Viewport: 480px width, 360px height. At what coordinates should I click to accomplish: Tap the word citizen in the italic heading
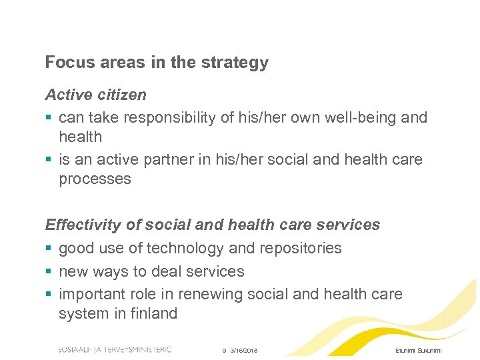(121, 95)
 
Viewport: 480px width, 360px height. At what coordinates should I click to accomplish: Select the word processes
(95, 179)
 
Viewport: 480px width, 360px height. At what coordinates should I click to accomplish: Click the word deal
(169, 271)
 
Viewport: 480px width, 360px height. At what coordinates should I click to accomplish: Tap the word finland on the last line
(153, 313)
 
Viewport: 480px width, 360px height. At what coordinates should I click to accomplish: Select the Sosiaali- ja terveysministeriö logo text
(115, 349)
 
